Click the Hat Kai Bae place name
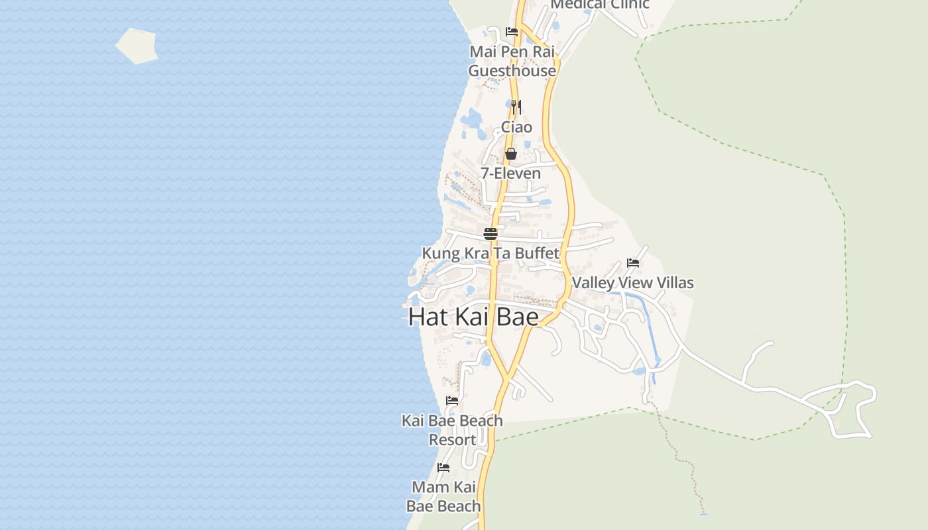[473, 317]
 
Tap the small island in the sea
[137, 46]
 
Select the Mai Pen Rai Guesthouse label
[512, 61]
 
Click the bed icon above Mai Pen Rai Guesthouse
[512, 31]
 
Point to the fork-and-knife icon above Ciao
[516, 107]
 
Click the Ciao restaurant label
[516, 127]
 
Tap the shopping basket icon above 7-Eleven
[511, 154]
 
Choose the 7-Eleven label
[510, 174]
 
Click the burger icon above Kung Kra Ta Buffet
[491, 233]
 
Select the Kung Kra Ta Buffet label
[491, 253]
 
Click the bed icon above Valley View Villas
[633, 263]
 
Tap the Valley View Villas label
[632, 283]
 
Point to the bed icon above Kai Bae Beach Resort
[452, 401]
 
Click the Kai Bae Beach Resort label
[452, 430]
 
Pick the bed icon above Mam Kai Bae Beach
[443, 468]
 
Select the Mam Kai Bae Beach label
[443, 497]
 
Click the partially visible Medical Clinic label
[600, 5]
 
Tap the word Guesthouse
[512, 71]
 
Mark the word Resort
[452, 440]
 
